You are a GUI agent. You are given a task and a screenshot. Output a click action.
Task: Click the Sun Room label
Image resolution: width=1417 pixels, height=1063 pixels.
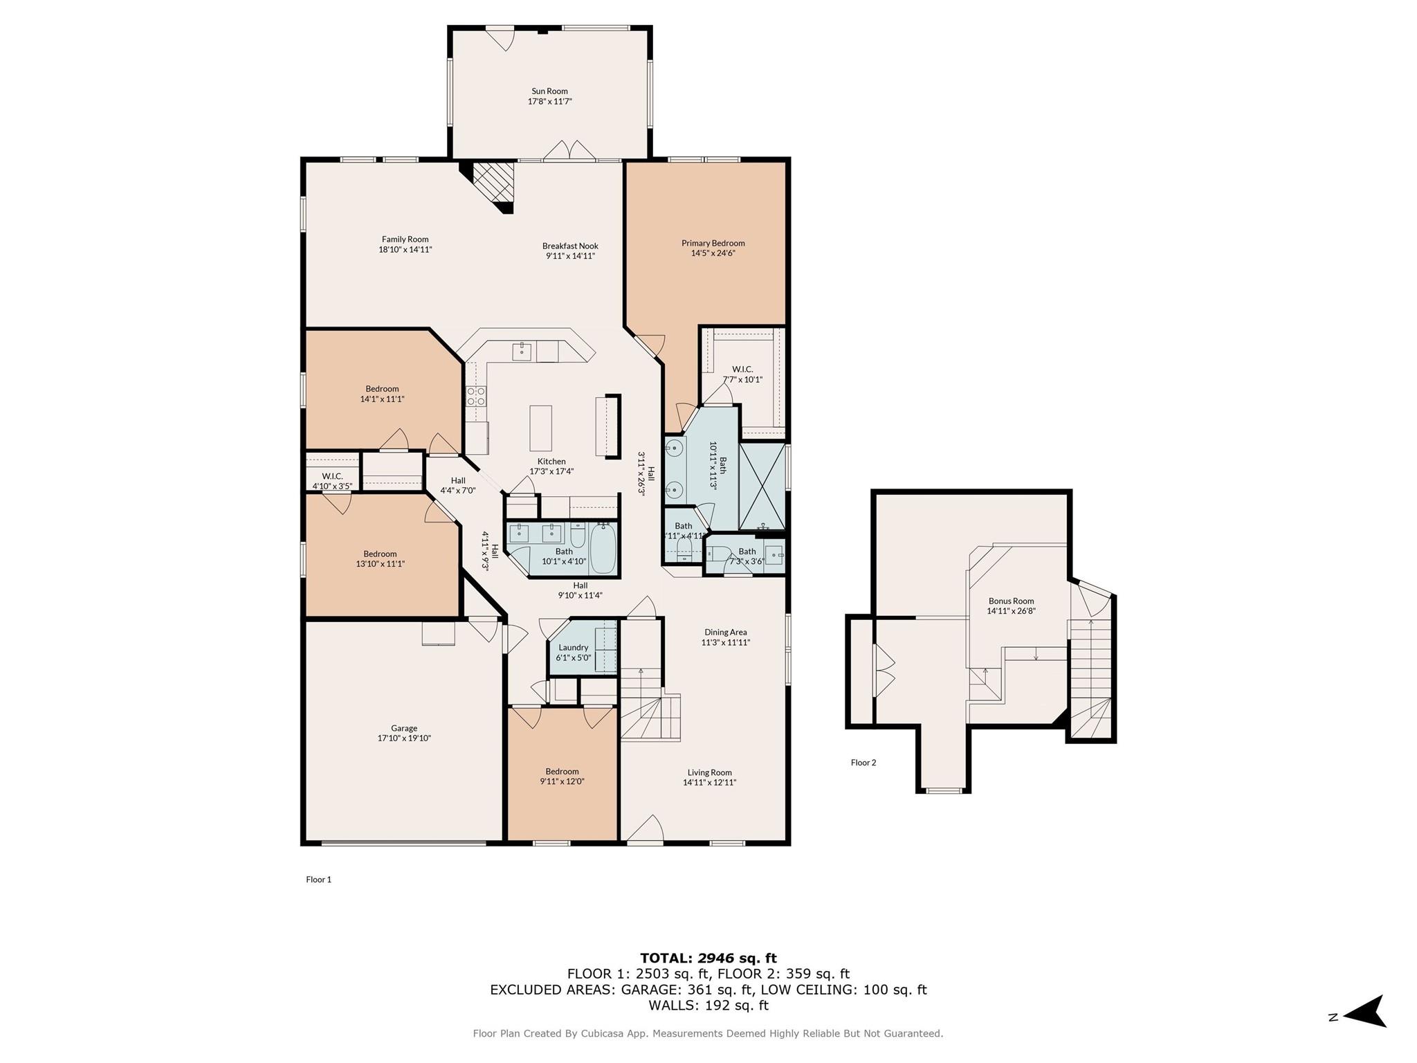549,91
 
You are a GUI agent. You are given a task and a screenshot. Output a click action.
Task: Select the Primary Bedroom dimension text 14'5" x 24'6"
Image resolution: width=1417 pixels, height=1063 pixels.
713,253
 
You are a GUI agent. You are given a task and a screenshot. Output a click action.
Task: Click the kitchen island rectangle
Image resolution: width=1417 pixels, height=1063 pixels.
540,428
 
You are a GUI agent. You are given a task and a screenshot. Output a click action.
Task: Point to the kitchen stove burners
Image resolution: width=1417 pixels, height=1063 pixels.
476,396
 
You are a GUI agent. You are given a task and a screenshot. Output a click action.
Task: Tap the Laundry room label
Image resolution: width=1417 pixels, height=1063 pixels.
573,647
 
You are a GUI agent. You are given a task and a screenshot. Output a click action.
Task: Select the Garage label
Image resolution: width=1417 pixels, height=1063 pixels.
404,728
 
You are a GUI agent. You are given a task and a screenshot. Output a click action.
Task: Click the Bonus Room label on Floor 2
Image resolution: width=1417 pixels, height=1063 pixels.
1011,601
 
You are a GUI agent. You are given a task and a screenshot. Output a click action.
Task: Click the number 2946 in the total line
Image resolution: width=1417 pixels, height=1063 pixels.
715,958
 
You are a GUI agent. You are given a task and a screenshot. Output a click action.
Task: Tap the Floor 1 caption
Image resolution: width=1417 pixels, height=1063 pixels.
319,880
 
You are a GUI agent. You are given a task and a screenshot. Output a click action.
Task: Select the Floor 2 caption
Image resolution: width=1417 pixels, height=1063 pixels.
863,763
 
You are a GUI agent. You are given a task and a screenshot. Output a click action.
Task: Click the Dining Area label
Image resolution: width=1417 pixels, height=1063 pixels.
725,632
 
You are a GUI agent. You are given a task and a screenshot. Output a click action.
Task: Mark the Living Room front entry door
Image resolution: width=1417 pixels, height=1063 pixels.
646,831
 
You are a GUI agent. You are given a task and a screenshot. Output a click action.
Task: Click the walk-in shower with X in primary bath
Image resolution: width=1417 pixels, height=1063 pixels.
762,486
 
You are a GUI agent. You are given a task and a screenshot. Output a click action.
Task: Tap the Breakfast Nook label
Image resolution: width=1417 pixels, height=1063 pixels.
570,246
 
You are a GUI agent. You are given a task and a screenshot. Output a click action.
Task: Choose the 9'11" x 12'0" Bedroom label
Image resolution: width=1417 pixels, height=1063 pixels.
562,772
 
